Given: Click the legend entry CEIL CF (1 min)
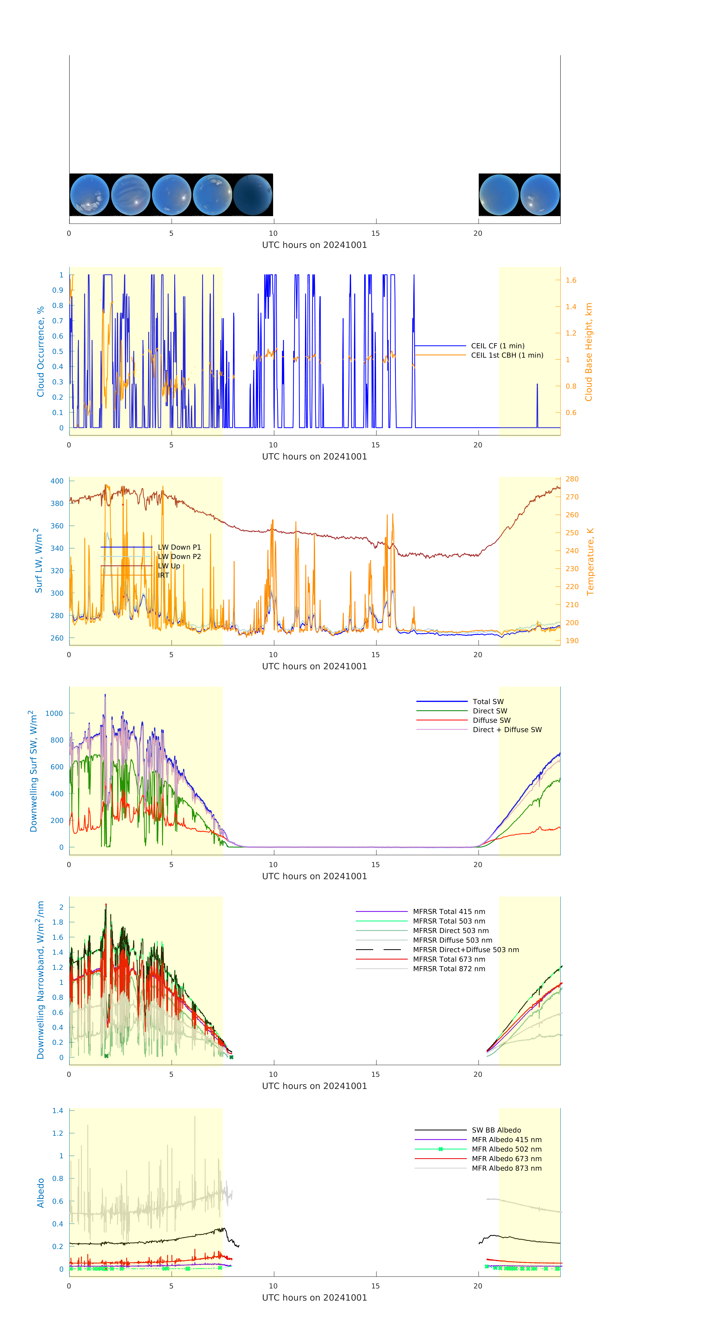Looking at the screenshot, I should click(497, 346).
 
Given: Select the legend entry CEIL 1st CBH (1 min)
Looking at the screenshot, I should click(507, 355).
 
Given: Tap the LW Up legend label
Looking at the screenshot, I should click(169, 566).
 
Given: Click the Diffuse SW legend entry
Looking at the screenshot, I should click(491, 720).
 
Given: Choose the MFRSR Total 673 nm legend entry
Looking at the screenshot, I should click(449, 959).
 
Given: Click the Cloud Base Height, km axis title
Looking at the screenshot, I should click(588, 352).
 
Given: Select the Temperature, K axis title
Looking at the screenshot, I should click(590, 562).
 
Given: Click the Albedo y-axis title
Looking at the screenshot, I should click(40, 1193).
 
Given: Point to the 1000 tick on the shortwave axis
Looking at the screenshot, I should click(54, 713).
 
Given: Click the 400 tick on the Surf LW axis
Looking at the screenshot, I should click(57, 481).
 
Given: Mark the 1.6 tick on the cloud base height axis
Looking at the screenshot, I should click(571, 280).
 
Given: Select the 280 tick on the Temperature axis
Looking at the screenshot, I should click(572, 479).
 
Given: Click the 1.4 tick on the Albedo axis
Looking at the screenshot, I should click(57, 1111).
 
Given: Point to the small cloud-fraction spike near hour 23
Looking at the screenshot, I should click(537, 385).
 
